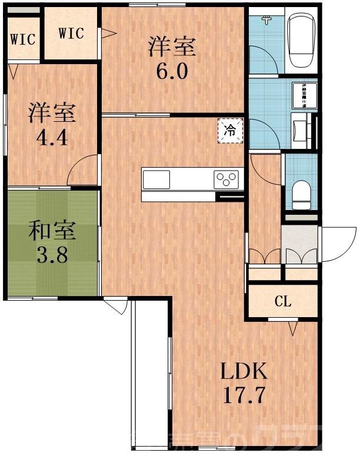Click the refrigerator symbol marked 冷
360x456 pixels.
pyautogui.click(x=230, y=131)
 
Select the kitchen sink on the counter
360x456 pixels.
pyautogui.click(x=156, y=179)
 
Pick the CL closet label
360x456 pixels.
pyautogui.click(x=283, y=302)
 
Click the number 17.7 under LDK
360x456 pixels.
pyautogui.click(x=244, y=395)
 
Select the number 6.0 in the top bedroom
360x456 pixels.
pyautogui.click(x=171, y=72)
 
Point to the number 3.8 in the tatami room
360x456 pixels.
pyautogui.click(x=51, y=256)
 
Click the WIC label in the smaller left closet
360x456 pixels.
pyautogui.click(x=23, y=39)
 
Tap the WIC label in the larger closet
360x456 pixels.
pyautogui.click(x=71, y=33)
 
